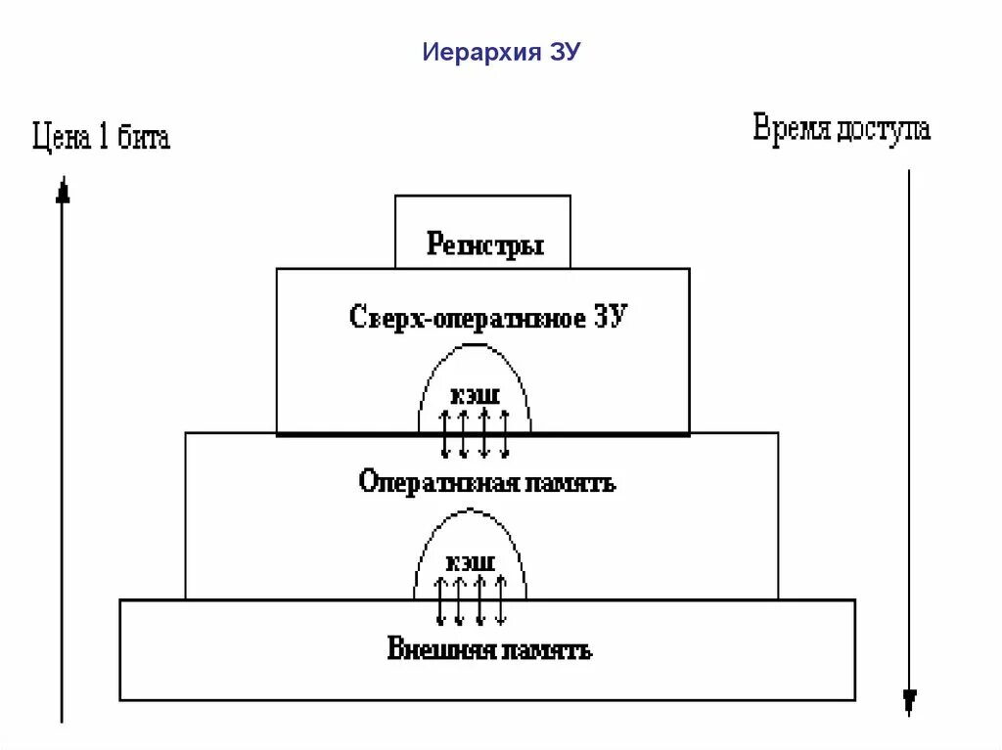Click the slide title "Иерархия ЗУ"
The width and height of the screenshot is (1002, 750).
501,52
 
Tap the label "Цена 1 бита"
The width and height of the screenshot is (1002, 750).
101,137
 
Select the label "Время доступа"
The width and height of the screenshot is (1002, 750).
842,130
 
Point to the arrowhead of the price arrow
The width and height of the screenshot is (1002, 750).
64,190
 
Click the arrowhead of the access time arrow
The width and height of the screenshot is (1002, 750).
910,700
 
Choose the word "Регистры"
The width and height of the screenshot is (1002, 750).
484,243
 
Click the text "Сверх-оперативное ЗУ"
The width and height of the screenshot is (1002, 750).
485,318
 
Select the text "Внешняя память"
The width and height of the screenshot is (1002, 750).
489,649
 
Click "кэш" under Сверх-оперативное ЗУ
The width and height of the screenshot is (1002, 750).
475,397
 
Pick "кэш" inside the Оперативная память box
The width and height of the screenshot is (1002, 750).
470,563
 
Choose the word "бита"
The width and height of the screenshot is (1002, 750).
144,137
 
